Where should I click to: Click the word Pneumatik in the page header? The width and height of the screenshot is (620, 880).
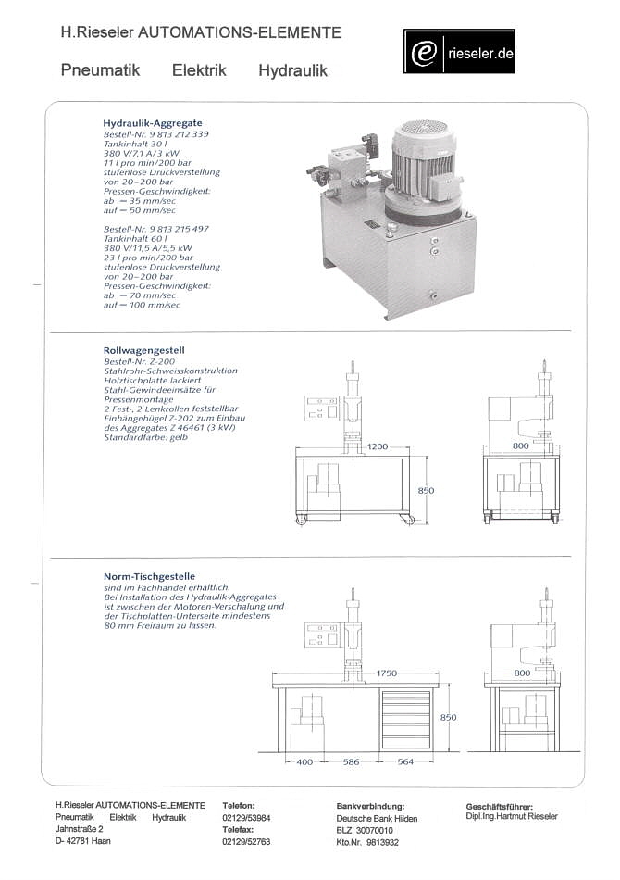pyautogui.click(x=100, y=70)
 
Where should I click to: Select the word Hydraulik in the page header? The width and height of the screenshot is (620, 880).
pyautogui.click(x=292, y=70)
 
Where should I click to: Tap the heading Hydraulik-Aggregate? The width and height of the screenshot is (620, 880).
pyautogui.click(x=152, y=123)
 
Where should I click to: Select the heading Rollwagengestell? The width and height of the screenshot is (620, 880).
pyautogui.click(x=144, y=350)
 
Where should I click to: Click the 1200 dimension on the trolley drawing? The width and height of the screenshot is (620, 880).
pyautogui.click(x=378, y=446)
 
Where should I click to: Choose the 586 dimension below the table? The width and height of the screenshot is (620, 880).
pyautogui.click(x=351, y=762)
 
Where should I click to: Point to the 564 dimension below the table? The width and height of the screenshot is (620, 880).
pyautogui.click(x=405, y=762)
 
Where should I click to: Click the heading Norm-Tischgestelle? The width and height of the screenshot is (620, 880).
pyautogui.click(x=149, y=576)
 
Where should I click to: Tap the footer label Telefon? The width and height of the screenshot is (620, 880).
pyautogui.click(x=239, y=806)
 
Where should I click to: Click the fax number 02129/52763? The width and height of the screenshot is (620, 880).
pyautogui.click(x=246, y=842)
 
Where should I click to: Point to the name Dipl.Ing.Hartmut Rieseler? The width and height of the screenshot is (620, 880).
pyautogui.click(x=512, y=817)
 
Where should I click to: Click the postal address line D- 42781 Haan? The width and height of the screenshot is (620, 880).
pyautogui.click(x=83, y=841)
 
